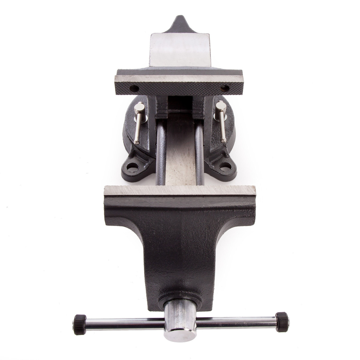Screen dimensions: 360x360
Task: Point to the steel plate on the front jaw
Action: click(180, 192)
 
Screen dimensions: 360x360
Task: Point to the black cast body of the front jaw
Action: click(180, 239)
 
